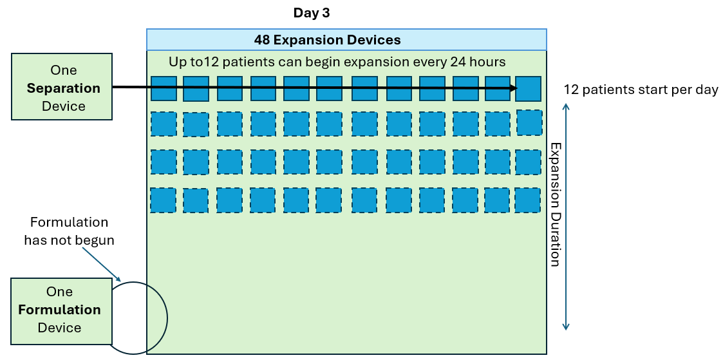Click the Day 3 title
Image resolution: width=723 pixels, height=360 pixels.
(x=312, y=13)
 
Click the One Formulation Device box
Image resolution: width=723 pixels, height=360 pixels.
(x=61, y=310)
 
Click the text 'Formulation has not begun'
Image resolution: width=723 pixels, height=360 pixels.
(x=69, y=232)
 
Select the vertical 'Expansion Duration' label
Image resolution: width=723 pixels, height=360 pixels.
(x=555, y=204)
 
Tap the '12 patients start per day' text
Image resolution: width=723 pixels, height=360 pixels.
(x=640, y=90)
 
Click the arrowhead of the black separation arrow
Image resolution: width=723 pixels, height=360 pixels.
(x=512, y=88)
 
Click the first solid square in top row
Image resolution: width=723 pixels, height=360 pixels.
(x=164, y=88)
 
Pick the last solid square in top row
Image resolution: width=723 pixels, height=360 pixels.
(x=528, y=89)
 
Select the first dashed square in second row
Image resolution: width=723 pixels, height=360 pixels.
(x=164, y=124)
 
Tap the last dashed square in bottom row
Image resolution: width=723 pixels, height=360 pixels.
(x=527, y=200)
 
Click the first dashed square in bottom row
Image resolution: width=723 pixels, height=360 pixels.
(x=164, y=200)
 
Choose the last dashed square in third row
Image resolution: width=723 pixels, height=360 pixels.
(x=528, y=162)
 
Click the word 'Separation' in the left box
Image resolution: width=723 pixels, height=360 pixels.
(x=63, y=88)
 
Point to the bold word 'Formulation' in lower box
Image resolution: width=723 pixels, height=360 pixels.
(x=59, y=310)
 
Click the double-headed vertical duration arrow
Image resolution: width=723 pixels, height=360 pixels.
(x=565, y=218)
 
